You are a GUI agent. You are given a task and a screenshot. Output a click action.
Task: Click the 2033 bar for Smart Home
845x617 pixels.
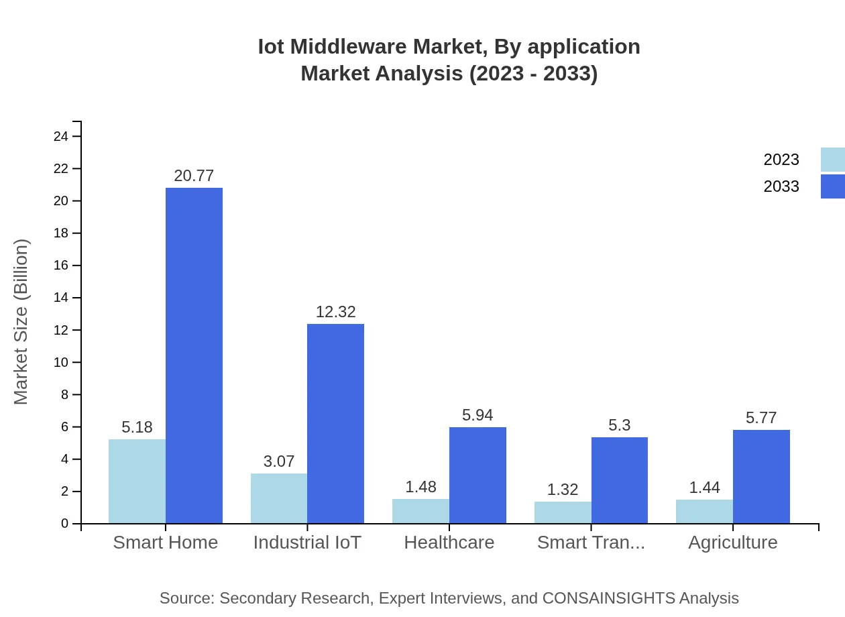click(194, 355)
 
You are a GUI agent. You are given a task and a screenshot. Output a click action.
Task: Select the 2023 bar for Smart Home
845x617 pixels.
click(137, 481)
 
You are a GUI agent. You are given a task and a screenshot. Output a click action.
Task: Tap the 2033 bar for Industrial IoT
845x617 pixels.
click(335, 423)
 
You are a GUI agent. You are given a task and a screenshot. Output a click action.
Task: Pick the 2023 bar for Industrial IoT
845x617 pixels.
click(279, 498)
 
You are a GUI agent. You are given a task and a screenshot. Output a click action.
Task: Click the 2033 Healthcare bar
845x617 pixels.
click(477, 475)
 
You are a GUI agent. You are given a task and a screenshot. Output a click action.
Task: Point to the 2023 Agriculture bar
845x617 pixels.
click(704, 511)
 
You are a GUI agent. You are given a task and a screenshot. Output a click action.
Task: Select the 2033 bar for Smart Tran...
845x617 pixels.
click(619, 480)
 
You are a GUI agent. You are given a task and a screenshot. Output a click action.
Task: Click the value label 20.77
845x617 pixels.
click(194, 176)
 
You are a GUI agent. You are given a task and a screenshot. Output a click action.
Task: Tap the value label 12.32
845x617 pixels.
click(335, 312)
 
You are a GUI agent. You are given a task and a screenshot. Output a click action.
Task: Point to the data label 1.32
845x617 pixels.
click(562, 490)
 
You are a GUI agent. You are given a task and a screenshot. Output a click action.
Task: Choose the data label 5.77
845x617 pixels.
click(761, 418)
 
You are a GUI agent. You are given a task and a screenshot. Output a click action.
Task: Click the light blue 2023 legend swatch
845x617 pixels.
click(832, 160)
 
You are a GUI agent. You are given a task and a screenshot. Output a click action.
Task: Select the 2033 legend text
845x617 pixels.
click(781, 186)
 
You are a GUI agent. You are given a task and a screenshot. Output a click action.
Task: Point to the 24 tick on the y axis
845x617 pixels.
click(61, 137)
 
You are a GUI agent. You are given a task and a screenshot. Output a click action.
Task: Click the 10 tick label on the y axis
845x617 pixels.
click(61, 363)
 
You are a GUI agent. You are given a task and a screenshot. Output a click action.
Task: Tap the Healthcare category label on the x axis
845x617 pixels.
click(449, 543)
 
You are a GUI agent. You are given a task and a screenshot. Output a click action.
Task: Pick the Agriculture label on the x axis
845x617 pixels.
click(732, 543)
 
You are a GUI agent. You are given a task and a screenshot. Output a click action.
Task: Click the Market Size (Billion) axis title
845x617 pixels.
click(21, 322)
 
